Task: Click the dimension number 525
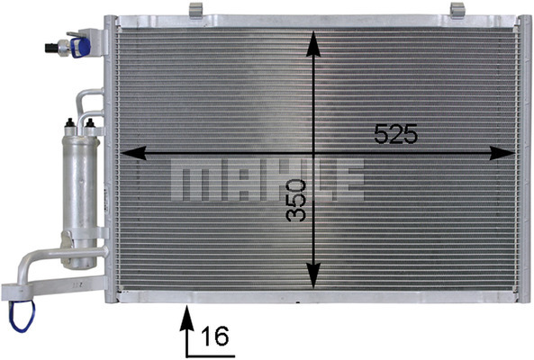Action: (x=395, y=133)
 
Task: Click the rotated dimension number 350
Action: (x=295, y=201)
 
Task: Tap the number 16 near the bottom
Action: (x=215, y=336)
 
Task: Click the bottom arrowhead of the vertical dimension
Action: (x=313, y=276)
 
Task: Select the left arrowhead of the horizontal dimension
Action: (x=133, y=153)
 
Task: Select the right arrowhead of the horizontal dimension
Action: (x=502, y=153)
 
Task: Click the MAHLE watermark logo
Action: (x=267, y=179)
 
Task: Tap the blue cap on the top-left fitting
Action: (x=79, y=48)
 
